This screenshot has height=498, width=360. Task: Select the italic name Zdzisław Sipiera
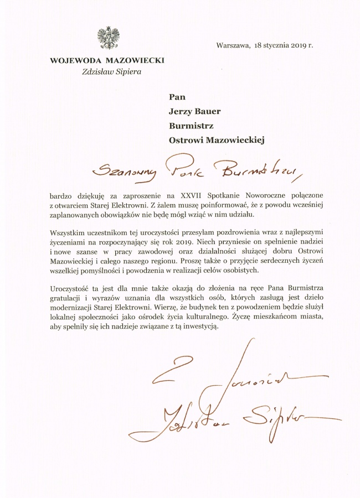pyautogui.click(x=107, y=71)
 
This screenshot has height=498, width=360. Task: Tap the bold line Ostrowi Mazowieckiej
pyautogui.click(x=217, y=140)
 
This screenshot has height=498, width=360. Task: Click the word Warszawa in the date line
pyautogui.click(x=232, y=45)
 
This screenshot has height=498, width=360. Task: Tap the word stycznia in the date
pyautogui.click(x=277, y=45)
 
